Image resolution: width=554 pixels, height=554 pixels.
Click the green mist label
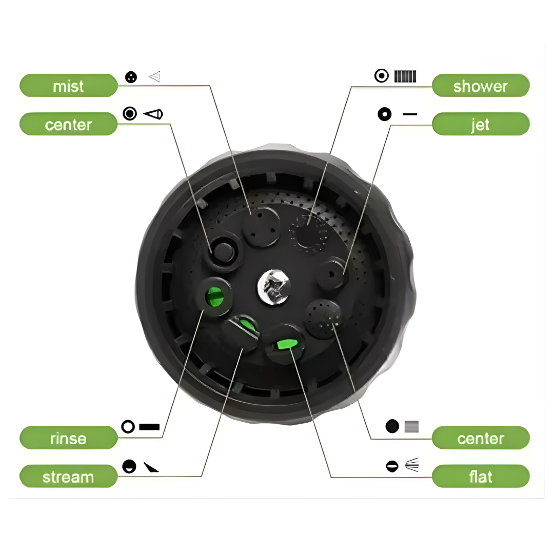69,86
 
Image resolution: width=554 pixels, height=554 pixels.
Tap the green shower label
481,86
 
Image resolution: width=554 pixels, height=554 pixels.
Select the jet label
481,124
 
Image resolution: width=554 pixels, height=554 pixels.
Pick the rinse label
69,438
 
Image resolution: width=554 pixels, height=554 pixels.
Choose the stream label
69,477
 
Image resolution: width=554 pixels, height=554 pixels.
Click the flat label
481,477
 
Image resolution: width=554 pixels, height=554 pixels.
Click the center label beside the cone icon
69,124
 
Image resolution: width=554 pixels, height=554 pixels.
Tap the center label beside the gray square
481,438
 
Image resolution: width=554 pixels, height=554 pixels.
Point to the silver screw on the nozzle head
274,287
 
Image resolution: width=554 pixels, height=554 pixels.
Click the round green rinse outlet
215,297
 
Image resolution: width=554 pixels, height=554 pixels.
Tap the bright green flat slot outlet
287,344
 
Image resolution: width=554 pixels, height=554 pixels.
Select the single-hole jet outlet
331,274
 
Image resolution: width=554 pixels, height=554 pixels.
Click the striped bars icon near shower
405,76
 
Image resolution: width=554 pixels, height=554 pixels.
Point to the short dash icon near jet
410,114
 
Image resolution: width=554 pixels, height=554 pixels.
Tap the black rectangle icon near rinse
149,427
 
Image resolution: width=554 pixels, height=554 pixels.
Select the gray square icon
411,426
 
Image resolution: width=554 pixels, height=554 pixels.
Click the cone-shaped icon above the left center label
153,114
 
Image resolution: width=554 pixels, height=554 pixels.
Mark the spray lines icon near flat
412,465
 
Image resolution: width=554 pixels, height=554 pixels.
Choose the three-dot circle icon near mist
131,77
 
